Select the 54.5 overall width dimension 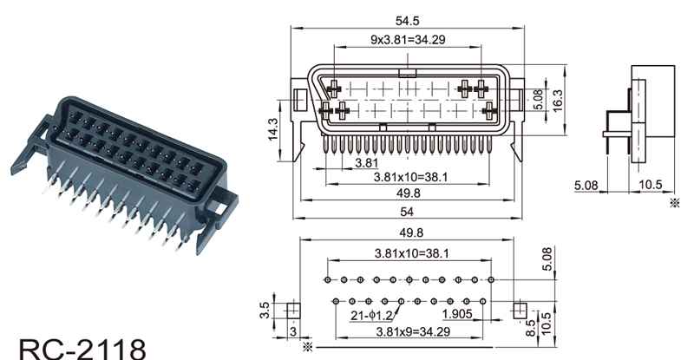[x=408, y=17]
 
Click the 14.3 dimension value [x=274, y=128]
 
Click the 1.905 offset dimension [x=457, y=313]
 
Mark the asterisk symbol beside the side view [x=675, y=203]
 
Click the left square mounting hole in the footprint [x=291, y=309]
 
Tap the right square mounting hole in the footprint [x=519, y=309]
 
